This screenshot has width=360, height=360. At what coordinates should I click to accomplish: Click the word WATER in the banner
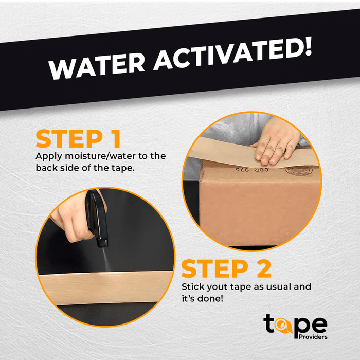97,66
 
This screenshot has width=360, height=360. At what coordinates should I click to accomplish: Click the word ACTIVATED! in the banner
232,53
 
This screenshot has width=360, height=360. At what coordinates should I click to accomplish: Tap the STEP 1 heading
78,139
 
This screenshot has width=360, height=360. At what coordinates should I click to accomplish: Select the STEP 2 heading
226,268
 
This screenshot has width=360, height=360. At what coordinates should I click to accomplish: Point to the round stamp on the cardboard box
298,171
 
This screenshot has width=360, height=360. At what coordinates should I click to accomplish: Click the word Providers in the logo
313,337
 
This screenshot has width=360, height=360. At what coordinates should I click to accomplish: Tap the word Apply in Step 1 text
49,156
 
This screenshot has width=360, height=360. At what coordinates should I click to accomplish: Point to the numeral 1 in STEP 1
117,139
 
